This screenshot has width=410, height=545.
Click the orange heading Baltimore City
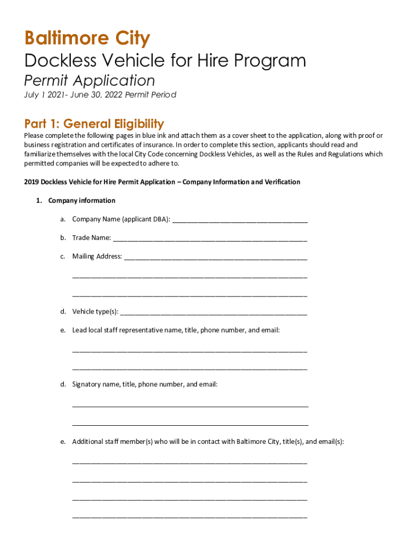87,39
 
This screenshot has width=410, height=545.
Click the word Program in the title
270,61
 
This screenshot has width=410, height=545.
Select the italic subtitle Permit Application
89,81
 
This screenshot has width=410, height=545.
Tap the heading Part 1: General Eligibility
94,124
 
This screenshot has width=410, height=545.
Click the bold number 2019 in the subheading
32,182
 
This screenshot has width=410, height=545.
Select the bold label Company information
81,201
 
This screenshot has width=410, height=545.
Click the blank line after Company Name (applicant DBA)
240,220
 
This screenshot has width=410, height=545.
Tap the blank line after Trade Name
210,238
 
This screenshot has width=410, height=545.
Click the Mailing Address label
97,257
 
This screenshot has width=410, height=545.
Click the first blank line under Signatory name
190,407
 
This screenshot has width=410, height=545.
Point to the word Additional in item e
87,442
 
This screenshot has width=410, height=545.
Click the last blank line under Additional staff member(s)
190,516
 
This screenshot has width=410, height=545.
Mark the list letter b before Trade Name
62,238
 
